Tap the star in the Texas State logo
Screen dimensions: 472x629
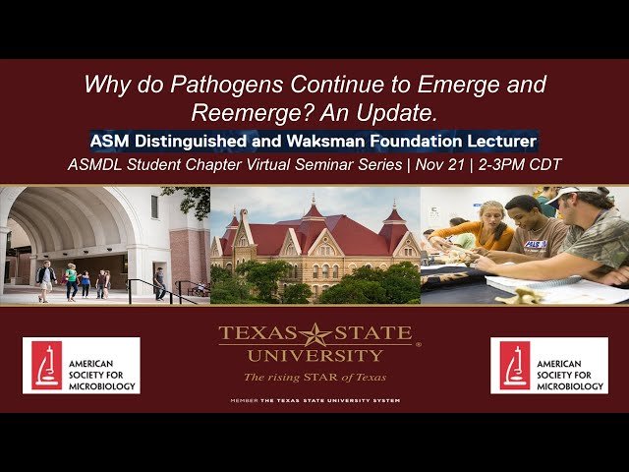[316, 335]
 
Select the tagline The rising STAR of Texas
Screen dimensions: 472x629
[315, 377]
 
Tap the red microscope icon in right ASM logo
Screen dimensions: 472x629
[513, 366]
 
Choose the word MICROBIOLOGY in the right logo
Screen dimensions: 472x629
[567, 386]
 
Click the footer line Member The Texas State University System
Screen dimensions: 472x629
[314, 401]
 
